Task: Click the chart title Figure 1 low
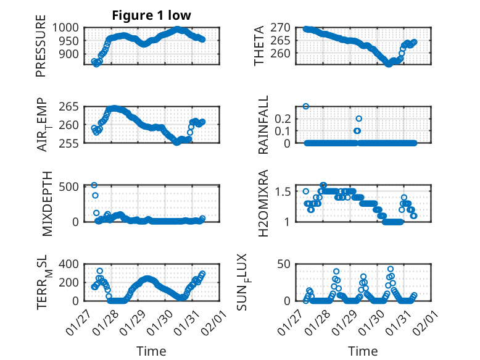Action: (152, 15)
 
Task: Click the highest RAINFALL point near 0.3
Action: (305, 106)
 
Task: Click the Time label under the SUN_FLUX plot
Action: (363, 351)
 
